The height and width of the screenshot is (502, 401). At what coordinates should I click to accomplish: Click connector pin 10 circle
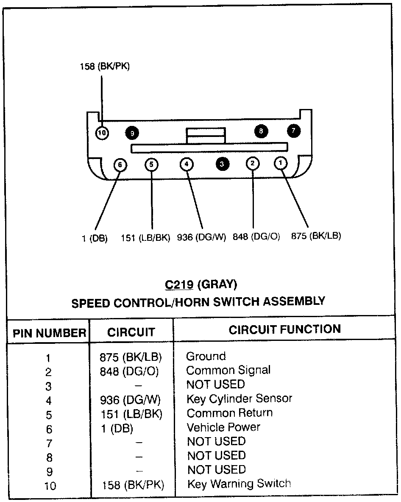tap(102, 133)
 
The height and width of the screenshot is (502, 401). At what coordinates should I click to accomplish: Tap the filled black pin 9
tap(132, 133)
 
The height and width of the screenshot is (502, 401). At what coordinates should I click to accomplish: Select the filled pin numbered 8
tap(261, 131)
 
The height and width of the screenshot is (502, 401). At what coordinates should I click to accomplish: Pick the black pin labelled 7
tap(293, 131)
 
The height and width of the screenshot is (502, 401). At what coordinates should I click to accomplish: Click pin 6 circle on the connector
tap(120, 165)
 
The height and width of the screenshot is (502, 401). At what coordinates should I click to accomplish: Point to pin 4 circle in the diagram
tap(187, 164)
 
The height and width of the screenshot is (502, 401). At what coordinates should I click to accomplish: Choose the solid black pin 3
tap(222, 164)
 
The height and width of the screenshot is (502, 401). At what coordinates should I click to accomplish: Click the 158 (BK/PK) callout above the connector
tap(105, 66)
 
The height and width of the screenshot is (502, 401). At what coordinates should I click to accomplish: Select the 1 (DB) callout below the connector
tap(95, 238)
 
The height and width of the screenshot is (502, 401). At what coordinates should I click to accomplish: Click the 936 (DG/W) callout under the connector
tap(202, 237)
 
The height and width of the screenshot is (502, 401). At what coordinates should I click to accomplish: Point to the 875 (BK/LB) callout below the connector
tap(316, 236)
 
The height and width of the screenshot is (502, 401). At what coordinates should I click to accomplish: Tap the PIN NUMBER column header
tap(50, 333)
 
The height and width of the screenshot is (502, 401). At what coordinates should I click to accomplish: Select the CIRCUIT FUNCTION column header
tap(284, 329)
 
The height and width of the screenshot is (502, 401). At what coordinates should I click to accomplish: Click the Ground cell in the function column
tap(206, 356)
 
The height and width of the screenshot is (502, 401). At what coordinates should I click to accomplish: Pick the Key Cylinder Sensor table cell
tap(239, 399)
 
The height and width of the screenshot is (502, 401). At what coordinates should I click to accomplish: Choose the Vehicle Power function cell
tap(223, 427)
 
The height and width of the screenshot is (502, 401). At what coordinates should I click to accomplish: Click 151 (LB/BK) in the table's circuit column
tap(131, 413)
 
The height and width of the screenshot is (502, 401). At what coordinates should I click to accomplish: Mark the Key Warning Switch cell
tap(239, 484)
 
